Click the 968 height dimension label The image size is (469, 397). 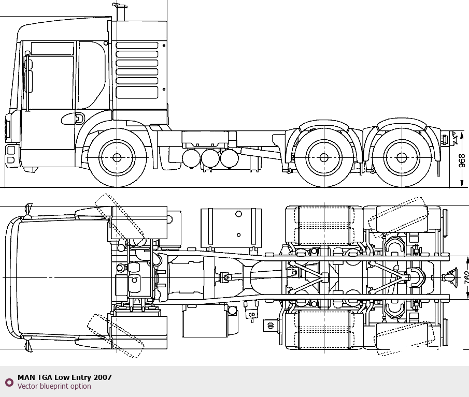462,160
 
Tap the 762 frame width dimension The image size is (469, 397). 466,277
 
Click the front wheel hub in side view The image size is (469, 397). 117,157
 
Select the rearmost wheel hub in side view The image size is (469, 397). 401,157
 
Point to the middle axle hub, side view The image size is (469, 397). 324,157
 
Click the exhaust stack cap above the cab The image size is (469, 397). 120,5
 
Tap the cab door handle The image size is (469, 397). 79,119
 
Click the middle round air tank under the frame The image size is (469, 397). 210,158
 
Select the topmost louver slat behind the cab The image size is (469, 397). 137,46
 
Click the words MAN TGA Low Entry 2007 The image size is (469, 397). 65,377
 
